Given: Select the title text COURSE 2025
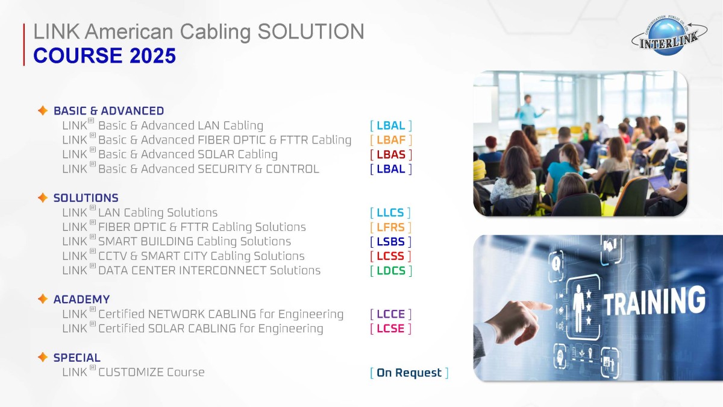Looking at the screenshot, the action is tap(105, 55).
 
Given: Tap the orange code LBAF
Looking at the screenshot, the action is tap(391, 140).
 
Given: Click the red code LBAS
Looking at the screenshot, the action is tap(391, 155).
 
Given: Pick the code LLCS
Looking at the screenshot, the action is tap(390, 213).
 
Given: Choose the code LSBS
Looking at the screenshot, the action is tap(390, 242).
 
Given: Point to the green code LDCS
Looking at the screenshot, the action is tap(391, 271).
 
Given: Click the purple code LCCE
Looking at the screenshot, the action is tap(390, 314).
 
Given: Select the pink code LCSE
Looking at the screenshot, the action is tap(390, 329).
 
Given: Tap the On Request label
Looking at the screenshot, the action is tap(409, 373).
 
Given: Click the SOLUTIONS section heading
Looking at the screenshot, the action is tap(86, 198).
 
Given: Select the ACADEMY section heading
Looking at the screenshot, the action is tap(82, 300).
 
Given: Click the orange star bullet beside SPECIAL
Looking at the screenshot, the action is tap(43, 357).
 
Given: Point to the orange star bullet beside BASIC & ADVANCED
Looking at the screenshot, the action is tap(43, 110).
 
